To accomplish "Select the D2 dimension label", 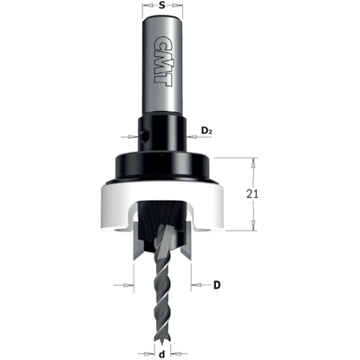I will [x=207, y=131].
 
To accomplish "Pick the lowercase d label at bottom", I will [x=162, y=353].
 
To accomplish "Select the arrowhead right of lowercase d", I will [x=173, y=353].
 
